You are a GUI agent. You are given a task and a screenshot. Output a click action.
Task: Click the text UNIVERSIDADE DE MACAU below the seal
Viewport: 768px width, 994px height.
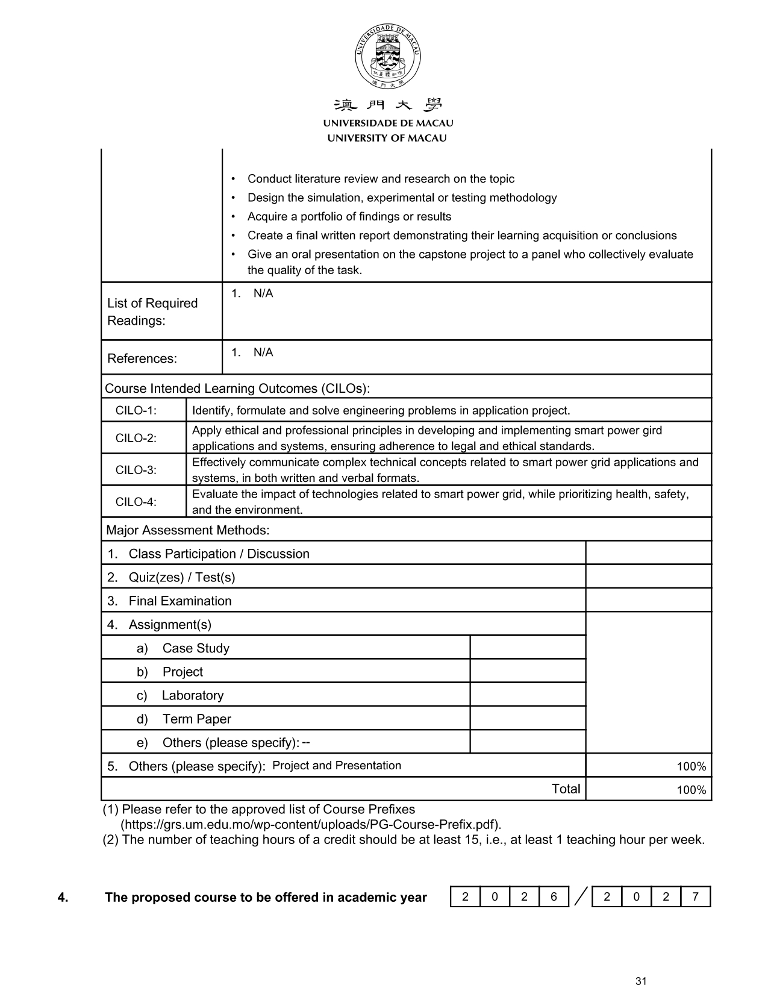[x=387, y=123]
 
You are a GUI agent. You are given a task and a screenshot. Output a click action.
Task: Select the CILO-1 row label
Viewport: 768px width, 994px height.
[x=136, y=411]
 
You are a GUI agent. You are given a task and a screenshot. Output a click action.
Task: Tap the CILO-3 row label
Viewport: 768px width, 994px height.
[x=136, y=470]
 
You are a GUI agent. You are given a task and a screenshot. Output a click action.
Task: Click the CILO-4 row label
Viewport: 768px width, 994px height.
[x=136, y=502]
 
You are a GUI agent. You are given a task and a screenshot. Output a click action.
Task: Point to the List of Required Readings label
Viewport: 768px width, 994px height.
[x=152, y=311]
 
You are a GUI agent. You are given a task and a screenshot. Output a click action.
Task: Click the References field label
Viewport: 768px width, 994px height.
[x=142, y=358]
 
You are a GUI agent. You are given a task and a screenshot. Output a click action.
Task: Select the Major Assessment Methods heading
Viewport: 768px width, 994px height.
[x=187, y=530]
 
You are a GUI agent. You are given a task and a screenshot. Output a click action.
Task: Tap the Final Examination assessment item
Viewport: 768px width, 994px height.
[x=180, y=601]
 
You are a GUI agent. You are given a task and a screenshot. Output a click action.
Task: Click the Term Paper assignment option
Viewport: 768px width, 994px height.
[x=196, y=719]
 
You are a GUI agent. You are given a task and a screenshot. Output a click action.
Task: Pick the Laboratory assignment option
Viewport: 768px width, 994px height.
[x=192, y=695]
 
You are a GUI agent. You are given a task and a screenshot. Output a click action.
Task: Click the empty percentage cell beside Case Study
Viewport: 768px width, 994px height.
[x=527, y=648]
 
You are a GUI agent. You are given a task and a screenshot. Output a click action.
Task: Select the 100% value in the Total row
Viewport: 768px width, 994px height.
[x=691, y=790]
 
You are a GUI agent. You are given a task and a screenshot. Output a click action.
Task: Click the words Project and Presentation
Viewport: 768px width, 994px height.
[x=337, y=766]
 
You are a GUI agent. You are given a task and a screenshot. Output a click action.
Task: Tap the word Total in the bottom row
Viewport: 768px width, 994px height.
[x=566, y=789]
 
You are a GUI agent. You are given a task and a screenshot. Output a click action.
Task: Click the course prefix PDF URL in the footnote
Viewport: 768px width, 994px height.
[x=311, y=824]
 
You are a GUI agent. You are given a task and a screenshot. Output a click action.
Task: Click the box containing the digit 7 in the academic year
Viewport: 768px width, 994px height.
[x=695, y=897]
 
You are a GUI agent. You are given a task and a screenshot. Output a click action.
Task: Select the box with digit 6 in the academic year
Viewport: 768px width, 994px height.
[x=554, y=897]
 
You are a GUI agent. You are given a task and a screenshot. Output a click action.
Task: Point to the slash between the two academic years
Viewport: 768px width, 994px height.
[x=581, y=897]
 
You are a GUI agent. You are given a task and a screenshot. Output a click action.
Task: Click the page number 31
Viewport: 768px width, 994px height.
[x=641, y=981]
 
